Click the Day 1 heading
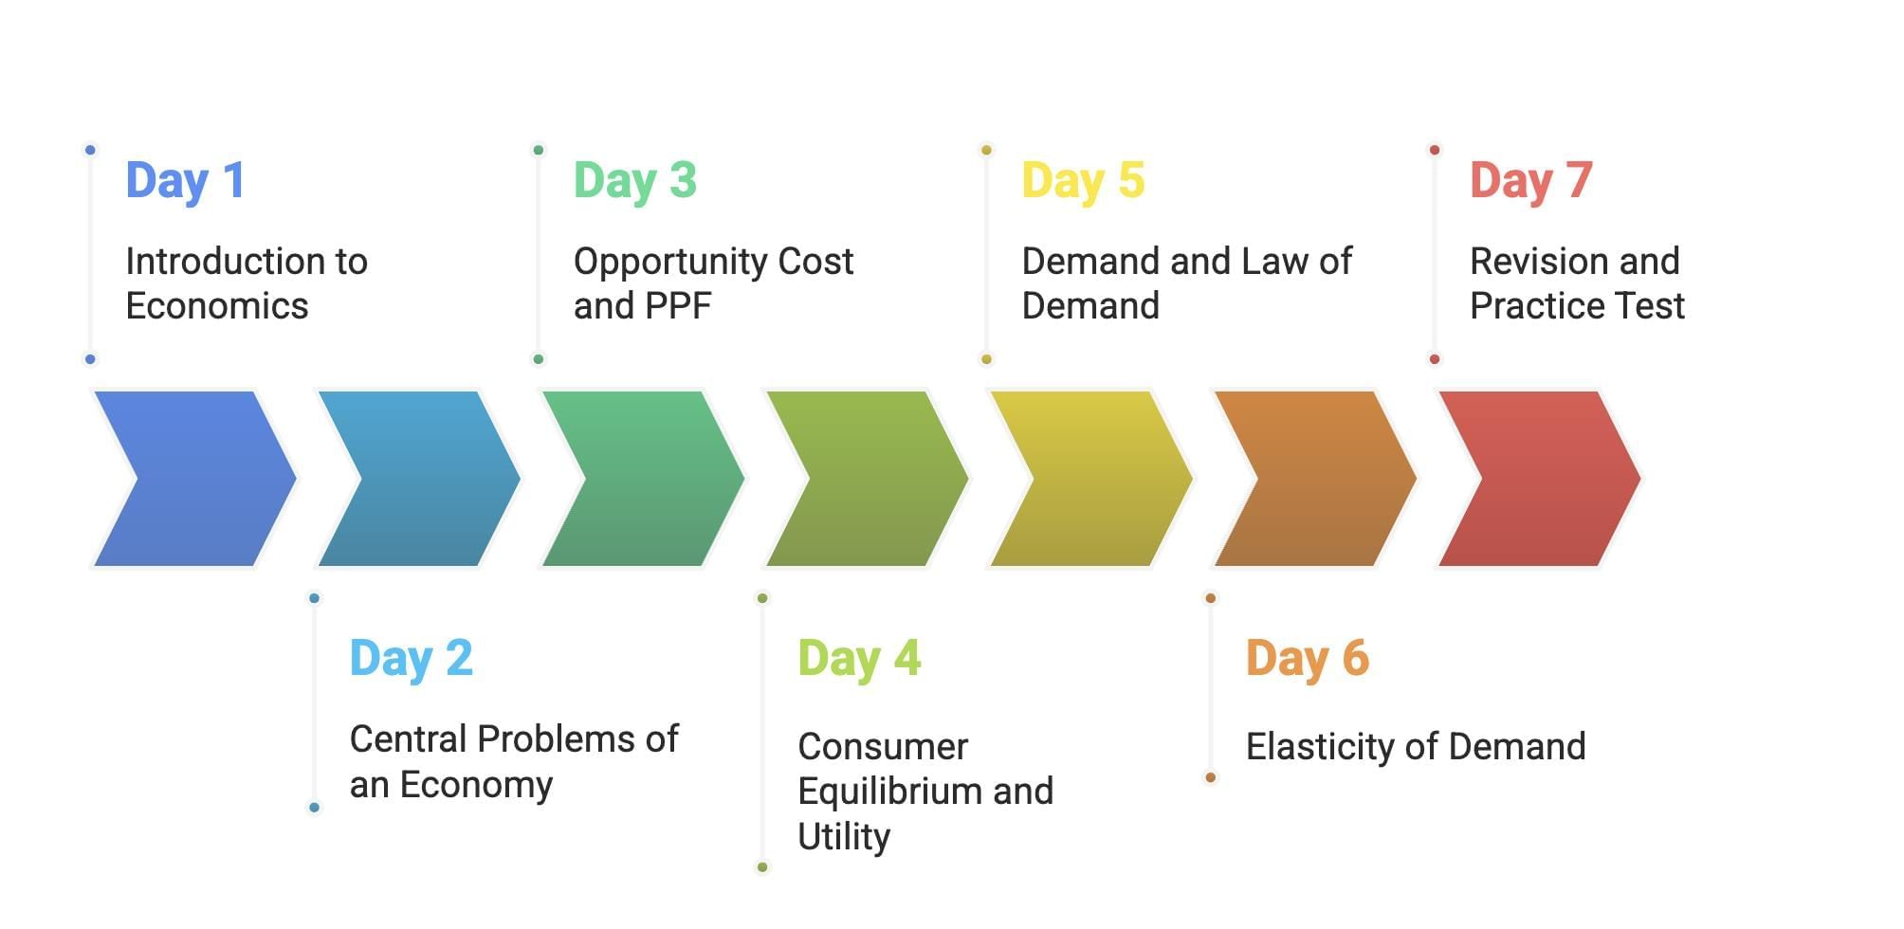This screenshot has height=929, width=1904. click(186, 181)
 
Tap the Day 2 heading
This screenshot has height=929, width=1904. click(411, 659)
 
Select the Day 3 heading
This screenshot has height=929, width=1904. click(634, 181)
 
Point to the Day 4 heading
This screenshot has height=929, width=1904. click(859, 659)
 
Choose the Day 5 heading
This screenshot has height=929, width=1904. click(1083, 181)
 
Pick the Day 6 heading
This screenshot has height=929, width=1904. click(1308, 659)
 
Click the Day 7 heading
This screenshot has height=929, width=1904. click(1530, 181)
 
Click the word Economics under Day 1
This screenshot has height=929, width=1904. click(217, 306)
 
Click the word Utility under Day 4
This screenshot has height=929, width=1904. click(844, 837)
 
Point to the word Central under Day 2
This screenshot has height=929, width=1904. click(409, 739)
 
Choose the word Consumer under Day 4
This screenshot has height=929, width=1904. click(883, 747)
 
